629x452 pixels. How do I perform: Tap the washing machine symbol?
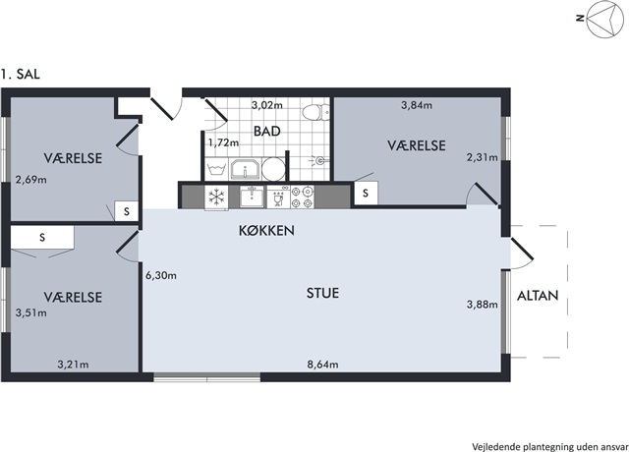tap(216, 169)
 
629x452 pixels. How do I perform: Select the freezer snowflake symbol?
tap(216, 197)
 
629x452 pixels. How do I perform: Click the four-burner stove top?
tap(302, 197)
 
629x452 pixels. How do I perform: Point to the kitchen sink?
tap(252, 197)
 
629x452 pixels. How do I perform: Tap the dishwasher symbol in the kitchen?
tap(278, 197)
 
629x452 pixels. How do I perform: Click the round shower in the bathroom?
tap(273, 169)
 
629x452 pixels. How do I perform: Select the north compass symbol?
tap(606, 20)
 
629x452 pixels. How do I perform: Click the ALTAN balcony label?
tap(538, 296)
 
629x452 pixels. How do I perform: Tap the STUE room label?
tap(322, 293)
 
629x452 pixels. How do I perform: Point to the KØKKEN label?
tap(266, 231)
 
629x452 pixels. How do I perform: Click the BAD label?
tap(266, 131)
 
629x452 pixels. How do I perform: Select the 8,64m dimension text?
tap(322, 365)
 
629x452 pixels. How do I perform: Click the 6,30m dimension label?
tap(161, 276)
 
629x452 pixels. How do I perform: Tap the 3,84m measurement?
tap(417, 105)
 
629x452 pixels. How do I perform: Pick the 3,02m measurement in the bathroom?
tap(266, 105)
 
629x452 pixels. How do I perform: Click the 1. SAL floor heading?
tap(20, 75)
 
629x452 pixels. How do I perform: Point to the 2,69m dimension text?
tap(30, 180)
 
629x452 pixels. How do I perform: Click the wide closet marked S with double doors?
tap(41, 238)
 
